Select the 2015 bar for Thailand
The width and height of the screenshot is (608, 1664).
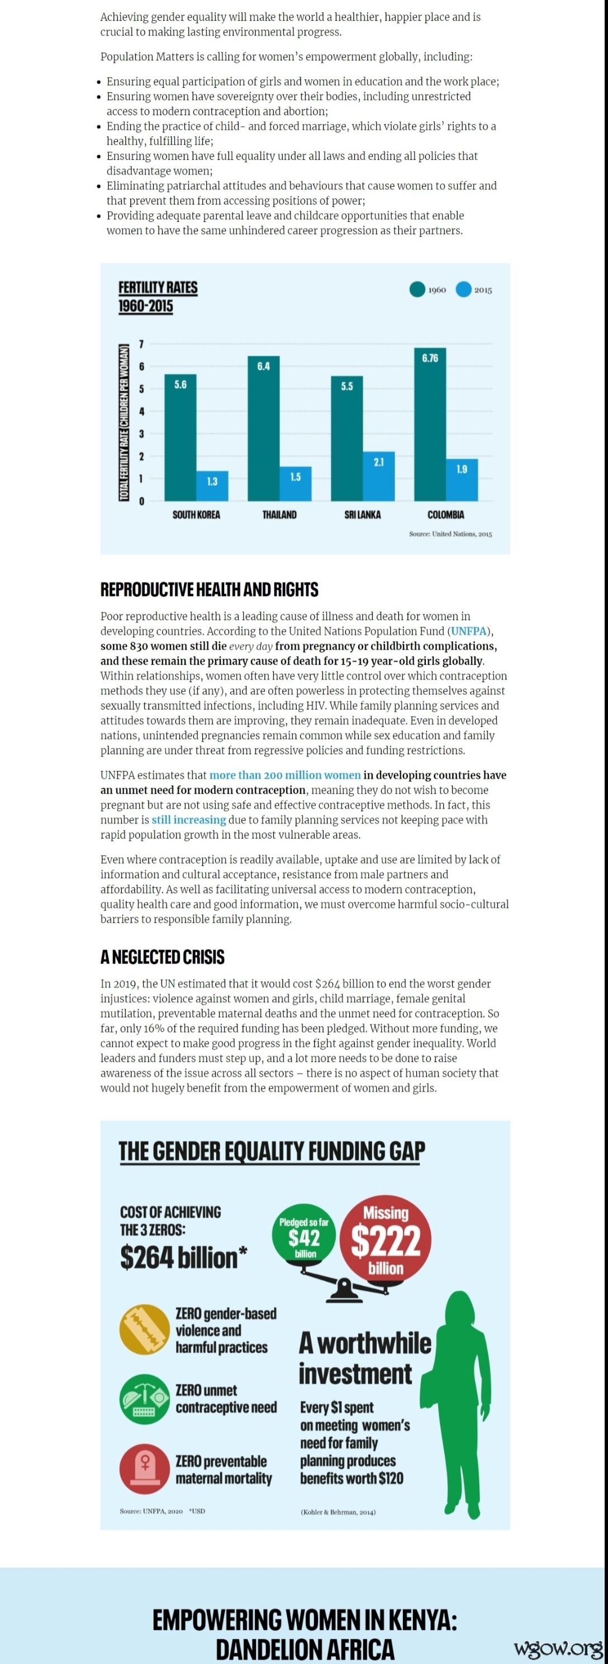click(295, 484)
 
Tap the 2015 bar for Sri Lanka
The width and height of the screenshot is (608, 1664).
click(379, 476)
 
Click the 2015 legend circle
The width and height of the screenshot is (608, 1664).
click(463, 289)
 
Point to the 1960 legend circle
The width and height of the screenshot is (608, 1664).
click(417, 289)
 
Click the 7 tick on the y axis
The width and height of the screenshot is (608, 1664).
click(141, 344)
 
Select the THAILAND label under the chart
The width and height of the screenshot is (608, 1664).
click(279, 515)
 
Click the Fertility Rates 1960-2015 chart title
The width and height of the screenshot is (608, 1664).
click(158, 297)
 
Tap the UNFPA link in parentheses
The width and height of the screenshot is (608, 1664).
click(468, 631)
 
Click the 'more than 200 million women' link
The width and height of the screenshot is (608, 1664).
click(285, 775)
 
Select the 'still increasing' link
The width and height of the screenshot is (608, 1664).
click(189, 820)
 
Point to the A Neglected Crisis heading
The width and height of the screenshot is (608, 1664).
click(162, 957)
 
